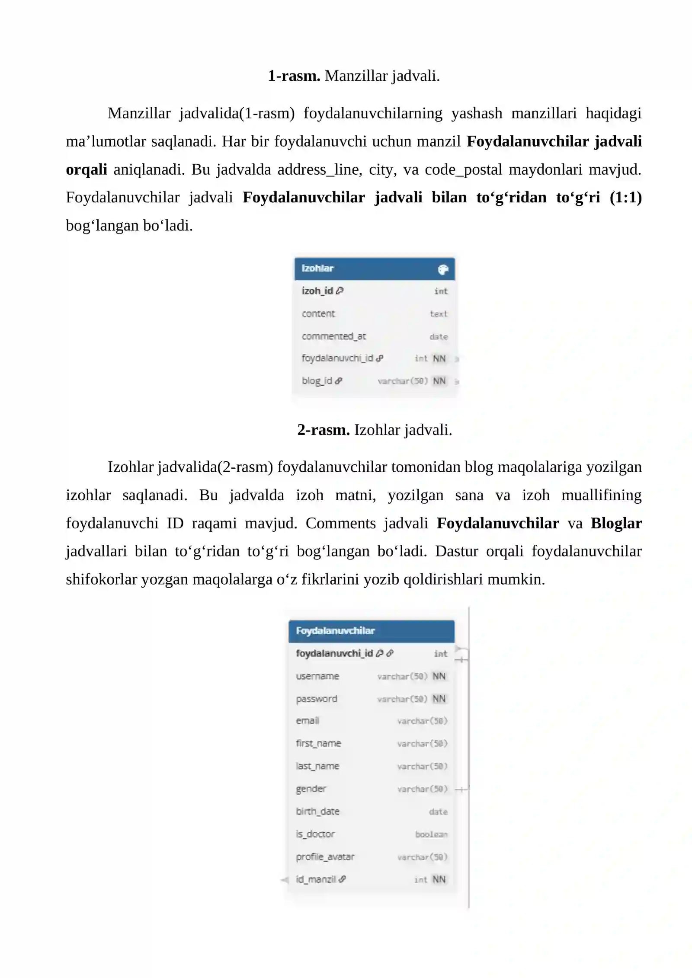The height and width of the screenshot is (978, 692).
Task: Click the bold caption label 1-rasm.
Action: point(294,76)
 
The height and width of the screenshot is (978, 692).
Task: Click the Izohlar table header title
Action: point(317,268)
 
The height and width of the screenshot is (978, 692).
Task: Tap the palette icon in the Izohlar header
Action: point(443,270)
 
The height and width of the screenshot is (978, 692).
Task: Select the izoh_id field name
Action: point(317,291)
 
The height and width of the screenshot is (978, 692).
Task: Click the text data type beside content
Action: point(439,314)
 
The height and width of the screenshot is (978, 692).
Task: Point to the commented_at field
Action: point(333,336)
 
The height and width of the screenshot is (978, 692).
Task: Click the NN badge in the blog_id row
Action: point(439,381)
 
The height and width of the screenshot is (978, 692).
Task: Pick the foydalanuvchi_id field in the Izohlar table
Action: point(337,358)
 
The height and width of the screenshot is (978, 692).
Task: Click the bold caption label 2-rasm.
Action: point(323,430)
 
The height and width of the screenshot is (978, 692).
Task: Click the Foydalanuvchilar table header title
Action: point(335,631)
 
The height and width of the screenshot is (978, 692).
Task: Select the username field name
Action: point(317,676)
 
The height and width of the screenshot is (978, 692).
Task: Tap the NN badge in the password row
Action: point(439,699)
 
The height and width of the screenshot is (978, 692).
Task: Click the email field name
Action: point(308,721)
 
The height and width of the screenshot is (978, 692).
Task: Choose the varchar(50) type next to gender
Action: point(422,789)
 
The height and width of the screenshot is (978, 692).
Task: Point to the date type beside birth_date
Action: point(438,812)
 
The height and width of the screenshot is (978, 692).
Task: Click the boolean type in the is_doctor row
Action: point(431,834)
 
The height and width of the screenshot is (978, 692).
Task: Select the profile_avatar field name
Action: point(325,857)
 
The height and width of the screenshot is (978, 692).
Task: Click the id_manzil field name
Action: point(316,879)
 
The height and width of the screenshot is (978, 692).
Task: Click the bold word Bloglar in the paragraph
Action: point(616,523)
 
